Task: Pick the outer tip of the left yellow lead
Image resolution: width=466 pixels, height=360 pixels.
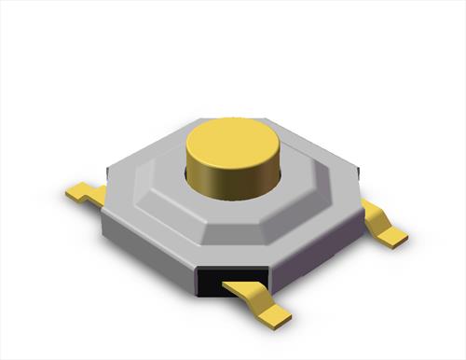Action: [x=72, y=194]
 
